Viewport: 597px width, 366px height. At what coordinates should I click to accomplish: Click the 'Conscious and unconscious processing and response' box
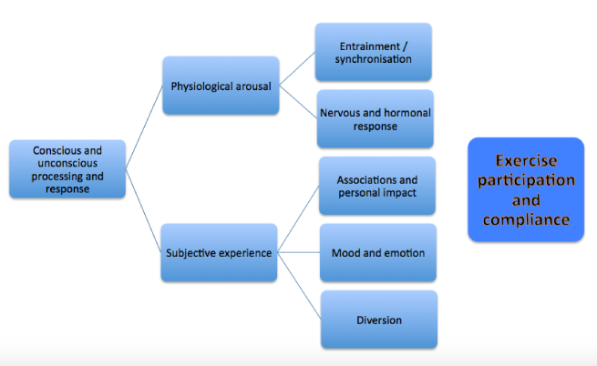tap(67, 168)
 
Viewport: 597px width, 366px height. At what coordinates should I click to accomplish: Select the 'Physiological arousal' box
tap(221, 86)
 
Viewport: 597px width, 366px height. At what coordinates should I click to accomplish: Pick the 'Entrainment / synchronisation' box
tap(375, 53)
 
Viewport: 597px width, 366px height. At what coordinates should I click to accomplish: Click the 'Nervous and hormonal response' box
tap(375, 119)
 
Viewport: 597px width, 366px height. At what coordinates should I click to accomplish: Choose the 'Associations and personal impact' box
tap(377, 186)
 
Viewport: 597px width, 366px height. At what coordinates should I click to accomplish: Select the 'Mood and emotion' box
tap(377, 252)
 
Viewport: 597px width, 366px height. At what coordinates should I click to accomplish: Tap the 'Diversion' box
tap(377, 320)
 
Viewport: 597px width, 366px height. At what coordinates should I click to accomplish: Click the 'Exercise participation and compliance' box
tap(526, 188)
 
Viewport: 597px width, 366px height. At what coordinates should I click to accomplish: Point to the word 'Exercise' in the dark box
tap(526, 159)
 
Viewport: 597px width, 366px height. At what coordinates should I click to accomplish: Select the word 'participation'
tap(526, 179)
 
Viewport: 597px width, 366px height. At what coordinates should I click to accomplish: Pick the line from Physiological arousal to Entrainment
tap(297, 70)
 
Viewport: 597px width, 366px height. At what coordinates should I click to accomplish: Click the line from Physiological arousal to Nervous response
tap(297, 103)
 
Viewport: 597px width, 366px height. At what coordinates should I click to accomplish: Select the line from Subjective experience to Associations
tap(297, 219)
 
